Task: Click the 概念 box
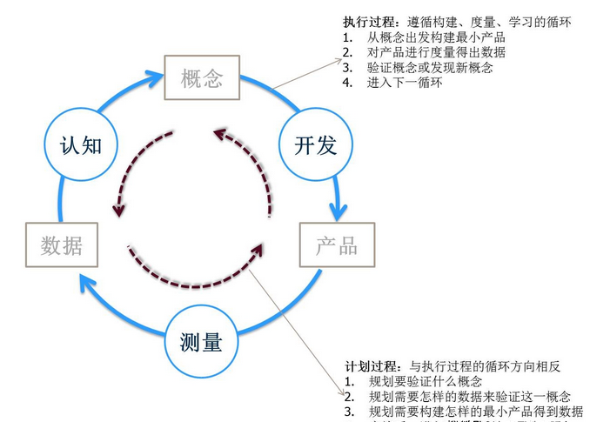click(x=202, y=79)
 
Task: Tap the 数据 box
click(x=62, y=245)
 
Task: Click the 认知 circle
click(x=81, y=144)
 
